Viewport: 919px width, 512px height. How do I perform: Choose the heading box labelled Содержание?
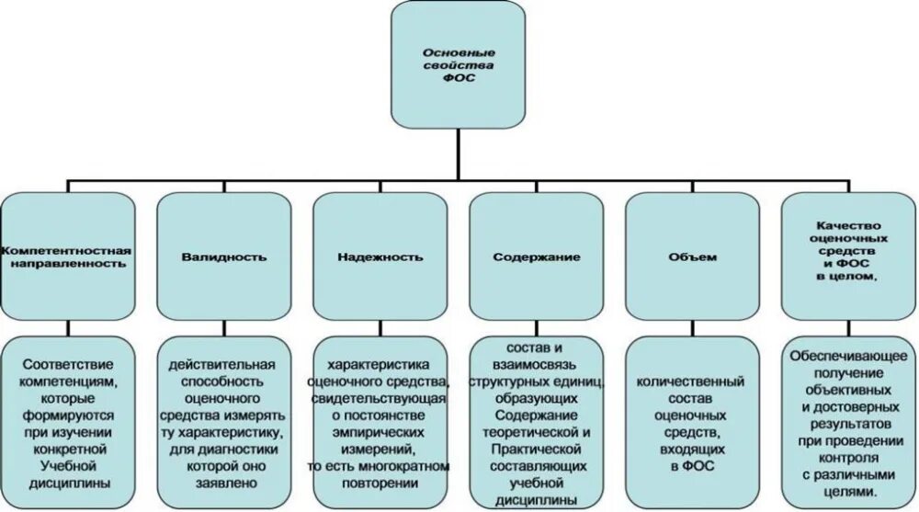[x=536, y=256]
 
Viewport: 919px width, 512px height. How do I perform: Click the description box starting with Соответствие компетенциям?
[x=69, y=422]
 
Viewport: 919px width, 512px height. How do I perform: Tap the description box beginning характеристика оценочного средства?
[x=380, y=422]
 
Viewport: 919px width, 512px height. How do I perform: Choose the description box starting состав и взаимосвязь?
[x=536, y=422]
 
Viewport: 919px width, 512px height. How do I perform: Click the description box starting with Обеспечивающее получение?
[x=848, y=422]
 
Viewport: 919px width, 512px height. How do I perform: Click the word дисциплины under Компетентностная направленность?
[x=70, y=482]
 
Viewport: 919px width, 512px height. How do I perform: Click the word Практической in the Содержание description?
[x=536, y=447]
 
